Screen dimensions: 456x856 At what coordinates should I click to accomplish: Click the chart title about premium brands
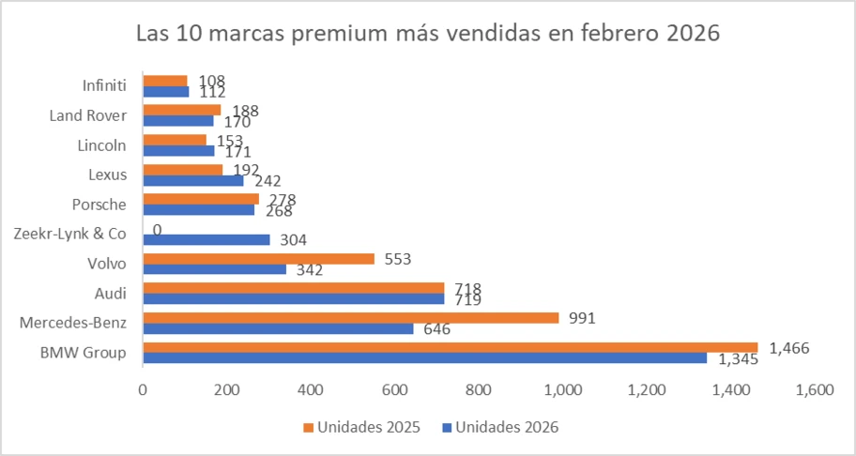427,34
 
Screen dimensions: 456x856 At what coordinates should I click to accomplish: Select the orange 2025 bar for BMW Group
450,347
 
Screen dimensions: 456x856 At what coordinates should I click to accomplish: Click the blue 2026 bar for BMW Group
424,357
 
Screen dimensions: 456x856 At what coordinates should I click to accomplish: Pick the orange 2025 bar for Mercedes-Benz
350,317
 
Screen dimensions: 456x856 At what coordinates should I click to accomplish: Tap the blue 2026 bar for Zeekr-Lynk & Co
206,239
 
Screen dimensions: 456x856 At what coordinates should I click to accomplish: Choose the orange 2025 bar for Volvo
258,258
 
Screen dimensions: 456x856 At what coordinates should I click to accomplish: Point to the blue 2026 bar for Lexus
192,180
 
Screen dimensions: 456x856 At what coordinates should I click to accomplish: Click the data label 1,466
788,347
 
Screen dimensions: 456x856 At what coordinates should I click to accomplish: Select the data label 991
581,317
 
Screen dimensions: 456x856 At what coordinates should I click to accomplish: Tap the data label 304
294,240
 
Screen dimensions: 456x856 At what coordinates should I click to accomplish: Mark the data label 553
398,258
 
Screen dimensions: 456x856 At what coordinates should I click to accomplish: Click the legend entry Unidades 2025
361,427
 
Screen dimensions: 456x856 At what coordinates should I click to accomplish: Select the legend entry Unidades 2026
502,427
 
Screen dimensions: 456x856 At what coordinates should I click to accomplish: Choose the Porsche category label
99,204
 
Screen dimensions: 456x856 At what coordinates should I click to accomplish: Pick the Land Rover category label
88,115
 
